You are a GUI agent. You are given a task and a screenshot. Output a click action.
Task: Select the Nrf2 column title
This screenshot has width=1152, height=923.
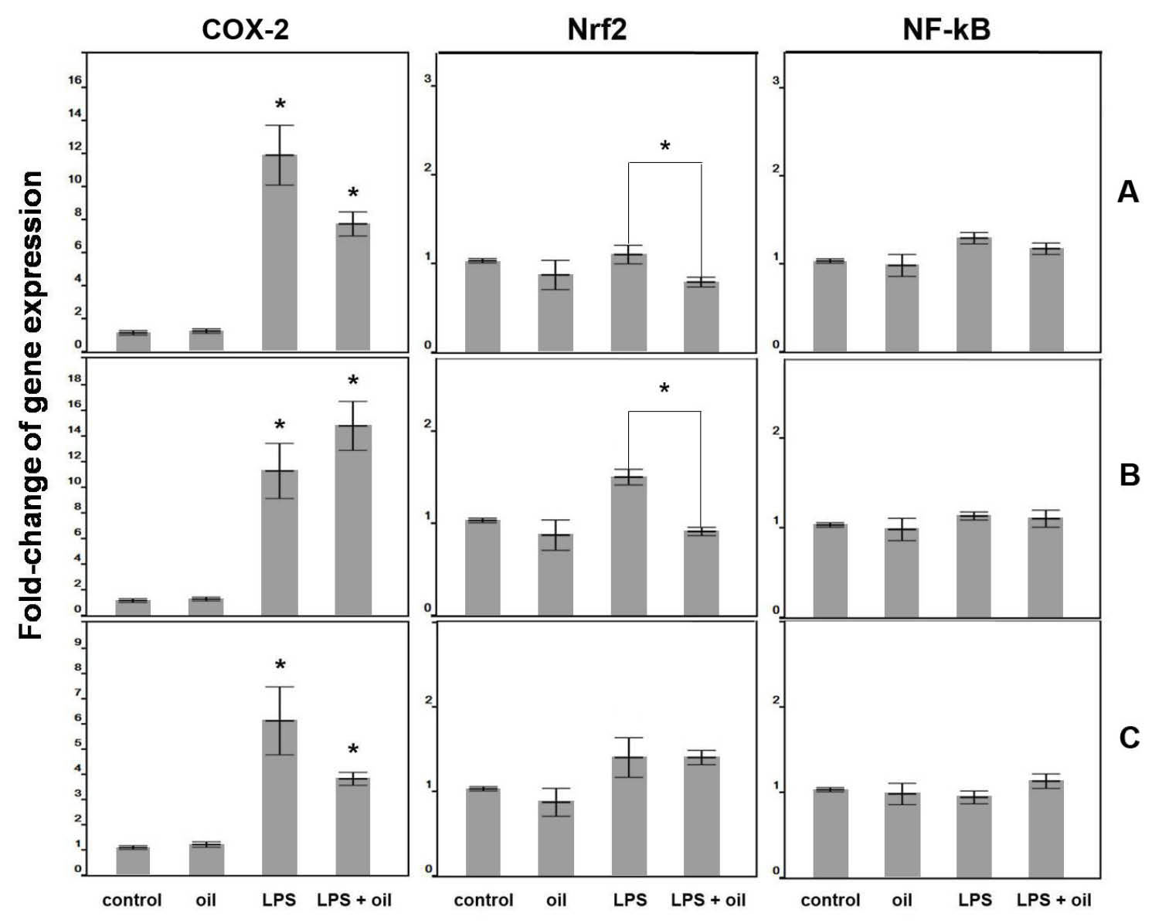pos(596,30)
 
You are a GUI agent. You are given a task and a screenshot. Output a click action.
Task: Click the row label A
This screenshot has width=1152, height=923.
pos(1127,192)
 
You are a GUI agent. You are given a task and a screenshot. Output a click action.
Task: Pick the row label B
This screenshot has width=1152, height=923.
pos(1129,475)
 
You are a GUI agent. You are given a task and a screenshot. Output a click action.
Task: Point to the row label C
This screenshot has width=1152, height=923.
pos(1129,738)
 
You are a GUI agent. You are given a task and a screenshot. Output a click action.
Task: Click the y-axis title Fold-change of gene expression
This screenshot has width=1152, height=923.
pos(31,405)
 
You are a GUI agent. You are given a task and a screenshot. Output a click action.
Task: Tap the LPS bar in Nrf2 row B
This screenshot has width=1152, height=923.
pos(629,545)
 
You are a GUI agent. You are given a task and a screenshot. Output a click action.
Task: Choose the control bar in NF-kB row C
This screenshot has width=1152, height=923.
pos(831,832)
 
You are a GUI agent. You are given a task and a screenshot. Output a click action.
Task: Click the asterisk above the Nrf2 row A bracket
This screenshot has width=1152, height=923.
pos(665,147)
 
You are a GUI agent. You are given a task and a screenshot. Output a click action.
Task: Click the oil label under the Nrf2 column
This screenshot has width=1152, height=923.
pos(556,900)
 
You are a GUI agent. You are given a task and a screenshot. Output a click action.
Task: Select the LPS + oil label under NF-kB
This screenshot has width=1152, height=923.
pos(1054,900)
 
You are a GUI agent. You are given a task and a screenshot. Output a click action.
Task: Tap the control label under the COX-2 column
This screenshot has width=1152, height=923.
pos(132,900)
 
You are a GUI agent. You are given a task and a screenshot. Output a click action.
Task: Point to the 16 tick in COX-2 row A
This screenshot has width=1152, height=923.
pos(75,80)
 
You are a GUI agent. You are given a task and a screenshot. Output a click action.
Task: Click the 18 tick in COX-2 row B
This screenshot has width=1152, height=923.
pos(75,379)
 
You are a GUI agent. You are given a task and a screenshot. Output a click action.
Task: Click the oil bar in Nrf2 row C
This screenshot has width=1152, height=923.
pos(556,837)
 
